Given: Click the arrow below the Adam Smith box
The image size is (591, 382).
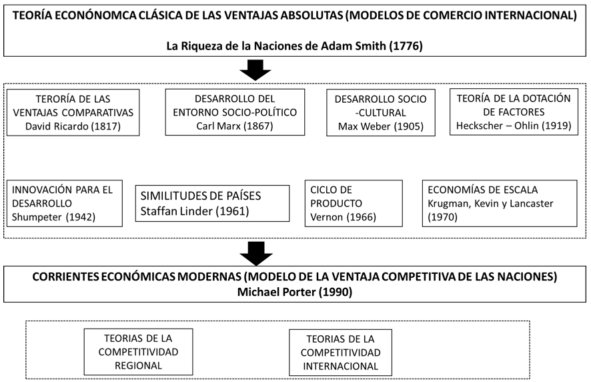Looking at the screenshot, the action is pos(255,70).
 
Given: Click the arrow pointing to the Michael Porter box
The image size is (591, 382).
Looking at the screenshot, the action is pos(256,254).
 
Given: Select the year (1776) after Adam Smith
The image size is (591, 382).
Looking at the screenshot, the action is pos(406,46).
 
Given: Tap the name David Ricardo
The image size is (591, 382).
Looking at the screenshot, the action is pos(57,126).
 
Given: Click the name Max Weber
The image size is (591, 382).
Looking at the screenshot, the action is pos(364,126).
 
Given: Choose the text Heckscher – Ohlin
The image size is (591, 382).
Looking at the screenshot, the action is pos(497,126).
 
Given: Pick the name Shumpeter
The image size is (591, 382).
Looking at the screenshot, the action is pos(37,217).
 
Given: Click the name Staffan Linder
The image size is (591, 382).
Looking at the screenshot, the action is pos(176,211).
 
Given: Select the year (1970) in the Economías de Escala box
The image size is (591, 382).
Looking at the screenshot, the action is pos(442,217).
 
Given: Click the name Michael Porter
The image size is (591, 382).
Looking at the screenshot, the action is pos(277,292).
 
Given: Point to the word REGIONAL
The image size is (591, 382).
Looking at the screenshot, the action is pos(138,365).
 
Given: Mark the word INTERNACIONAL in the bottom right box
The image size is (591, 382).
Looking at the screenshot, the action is pos(341,366).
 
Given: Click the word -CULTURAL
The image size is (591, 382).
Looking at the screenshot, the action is pos(381,113).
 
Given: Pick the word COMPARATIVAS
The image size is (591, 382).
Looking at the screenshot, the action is pos(97,112).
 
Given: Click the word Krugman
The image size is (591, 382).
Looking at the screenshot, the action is pos(448,204).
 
